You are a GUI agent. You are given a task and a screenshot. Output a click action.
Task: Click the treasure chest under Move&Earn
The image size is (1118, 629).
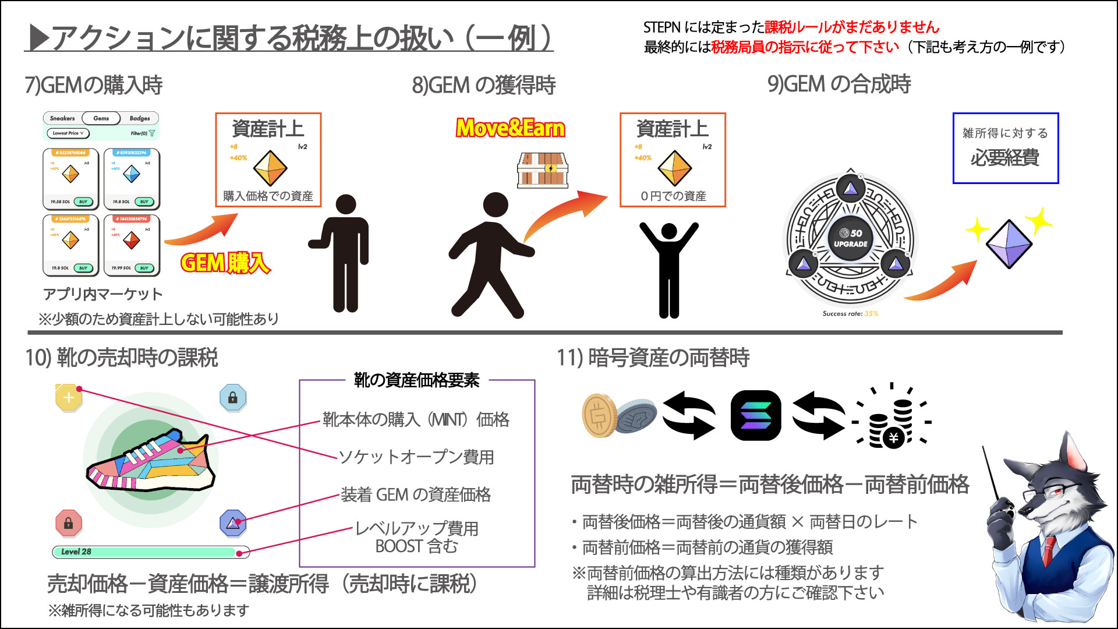point(543,170)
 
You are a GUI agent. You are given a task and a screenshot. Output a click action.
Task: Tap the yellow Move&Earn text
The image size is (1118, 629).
point(510,128)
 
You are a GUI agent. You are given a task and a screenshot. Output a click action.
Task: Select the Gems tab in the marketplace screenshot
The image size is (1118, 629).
point(101,118)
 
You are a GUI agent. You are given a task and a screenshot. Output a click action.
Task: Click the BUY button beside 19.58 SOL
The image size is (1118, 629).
point(83,202)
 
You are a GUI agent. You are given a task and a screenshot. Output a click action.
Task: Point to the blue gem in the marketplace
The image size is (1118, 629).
point(132,174)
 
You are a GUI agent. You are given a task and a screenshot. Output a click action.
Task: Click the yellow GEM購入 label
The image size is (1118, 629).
point(225,263)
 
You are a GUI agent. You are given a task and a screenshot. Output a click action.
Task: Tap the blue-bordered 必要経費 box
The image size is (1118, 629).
point(1005,148)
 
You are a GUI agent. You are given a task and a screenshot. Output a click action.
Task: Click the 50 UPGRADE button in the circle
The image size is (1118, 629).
point(851,238)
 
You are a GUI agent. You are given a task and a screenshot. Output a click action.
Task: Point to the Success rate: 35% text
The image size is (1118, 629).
point(850,313)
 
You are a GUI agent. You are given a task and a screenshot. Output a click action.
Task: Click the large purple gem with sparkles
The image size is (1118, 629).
point(1009,243)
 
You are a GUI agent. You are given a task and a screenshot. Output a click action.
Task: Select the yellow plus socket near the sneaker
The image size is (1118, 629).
point(69,398)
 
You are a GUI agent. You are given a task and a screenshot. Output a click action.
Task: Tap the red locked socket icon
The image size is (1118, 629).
point(69,523)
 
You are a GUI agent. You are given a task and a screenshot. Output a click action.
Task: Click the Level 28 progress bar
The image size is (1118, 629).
point(150,552)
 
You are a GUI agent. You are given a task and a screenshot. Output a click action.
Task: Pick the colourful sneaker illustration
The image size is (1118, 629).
point(150,460)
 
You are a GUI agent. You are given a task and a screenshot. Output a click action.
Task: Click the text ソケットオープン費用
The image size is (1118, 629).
point(416,457)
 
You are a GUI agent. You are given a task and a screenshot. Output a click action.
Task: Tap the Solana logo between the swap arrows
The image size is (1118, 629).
point(755,415)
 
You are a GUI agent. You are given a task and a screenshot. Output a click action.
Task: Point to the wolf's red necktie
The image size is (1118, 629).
point(1048,550)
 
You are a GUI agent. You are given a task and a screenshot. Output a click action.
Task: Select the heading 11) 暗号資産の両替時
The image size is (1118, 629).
point(653,358)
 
